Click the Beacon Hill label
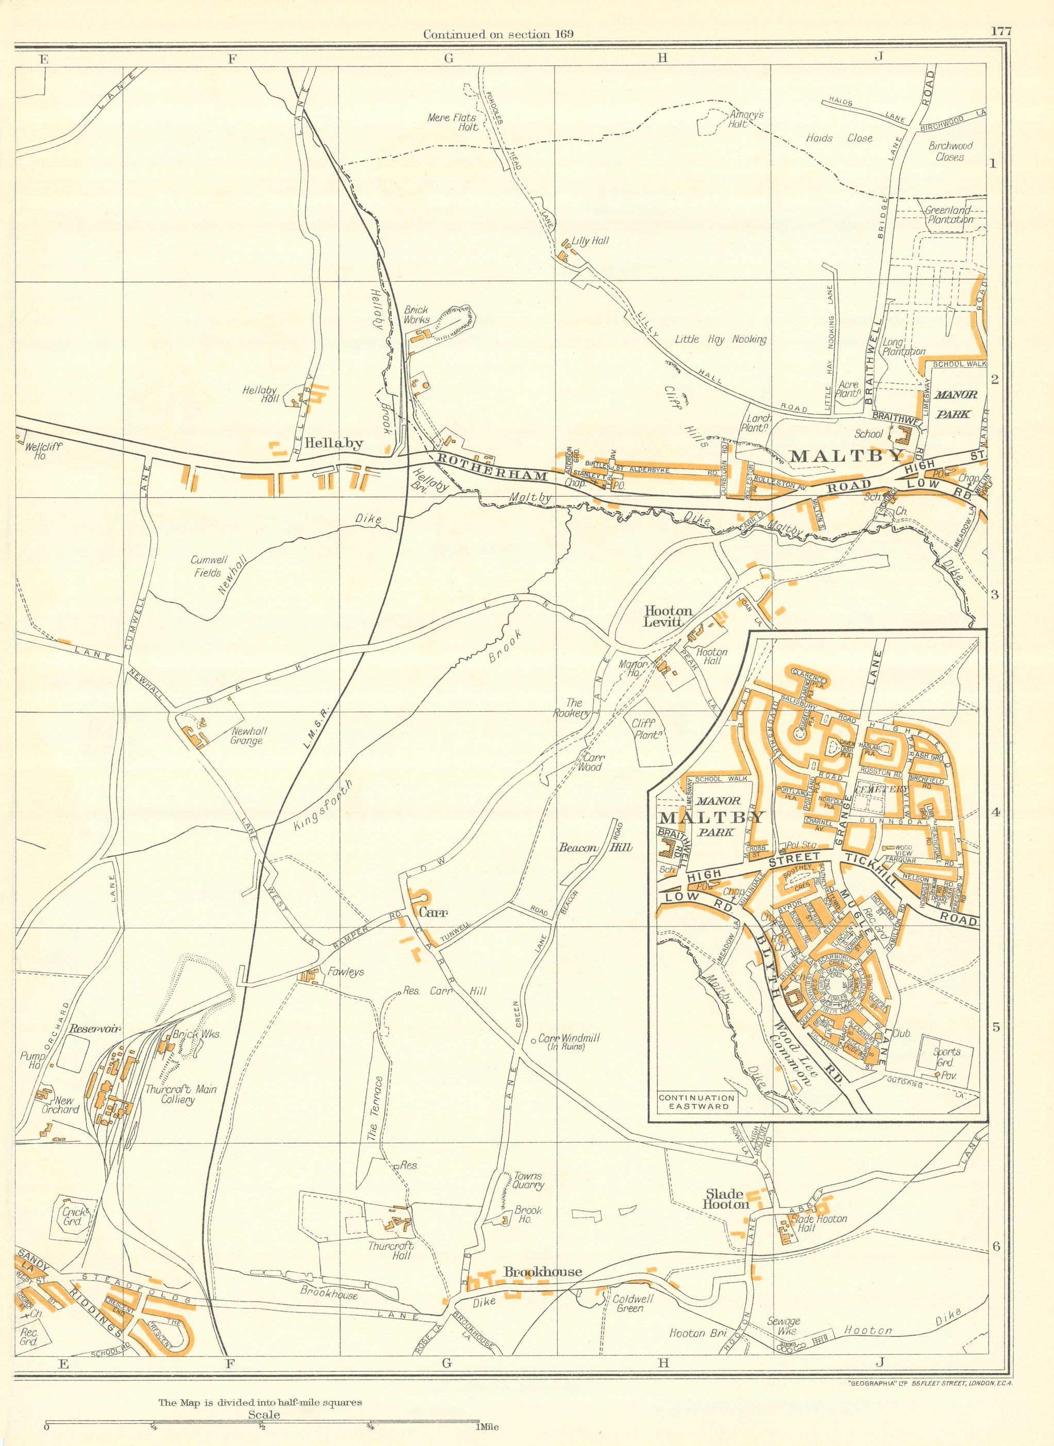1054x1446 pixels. [x=595, y=848]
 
